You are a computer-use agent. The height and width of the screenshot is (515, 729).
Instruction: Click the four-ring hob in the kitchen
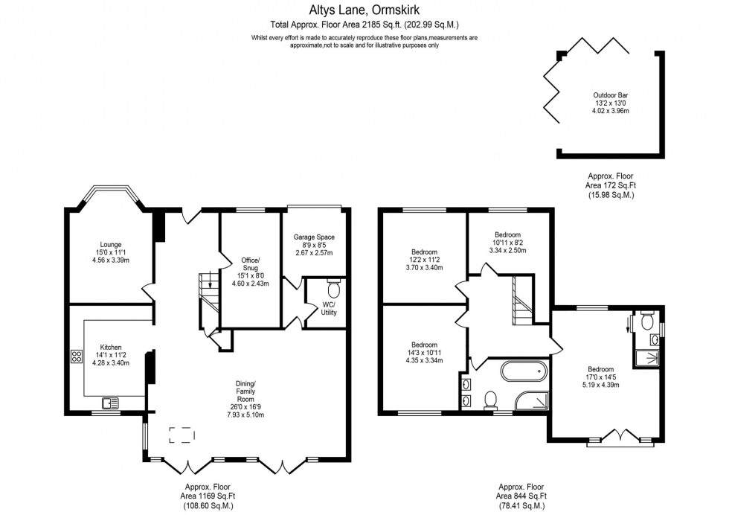(76, 355)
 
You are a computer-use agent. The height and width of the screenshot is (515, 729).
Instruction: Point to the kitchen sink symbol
(112, 404)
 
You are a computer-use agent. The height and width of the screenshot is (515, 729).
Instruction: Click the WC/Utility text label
(329, 309)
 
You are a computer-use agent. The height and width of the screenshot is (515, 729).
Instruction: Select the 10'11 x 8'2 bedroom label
(507, 243)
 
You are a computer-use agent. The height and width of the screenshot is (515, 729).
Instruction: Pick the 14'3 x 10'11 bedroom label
(424, 353)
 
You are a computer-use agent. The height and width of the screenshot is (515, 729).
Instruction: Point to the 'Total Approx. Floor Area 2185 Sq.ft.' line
(364, 24)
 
